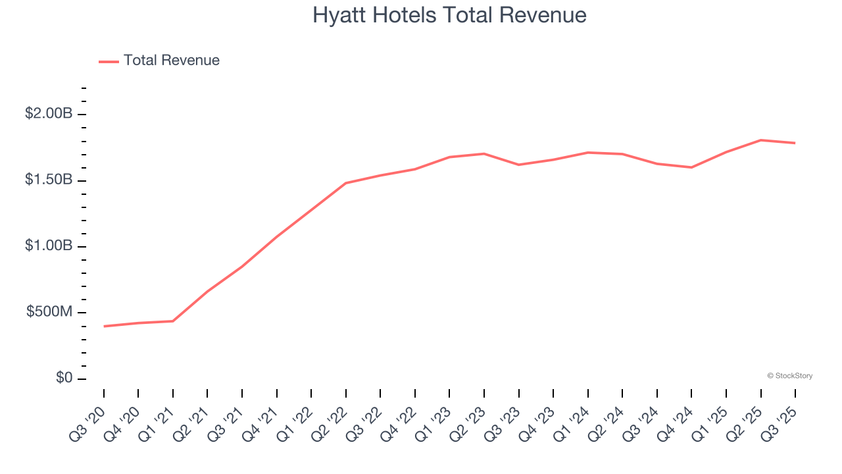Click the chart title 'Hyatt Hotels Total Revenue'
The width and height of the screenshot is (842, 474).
449,15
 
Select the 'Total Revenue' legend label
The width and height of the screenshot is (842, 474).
172,61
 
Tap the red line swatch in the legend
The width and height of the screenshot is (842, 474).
109,61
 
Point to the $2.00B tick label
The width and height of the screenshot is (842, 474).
49,114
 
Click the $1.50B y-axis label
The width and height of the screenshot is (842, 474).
49,180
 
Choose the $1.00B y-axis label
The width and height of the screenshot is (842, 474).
49,246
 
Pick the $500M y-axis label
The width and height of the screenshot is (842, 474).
49,311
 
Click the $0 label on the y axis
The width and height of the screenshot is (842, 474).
64,378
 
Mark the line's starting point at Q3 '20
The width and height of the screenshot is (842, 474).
104,326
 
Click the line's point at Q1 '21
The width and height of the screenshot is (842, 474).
173,321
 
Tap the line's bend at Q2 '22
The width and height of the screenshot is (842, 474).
346,183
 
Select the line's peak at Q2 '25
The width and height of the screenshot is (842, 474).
761,140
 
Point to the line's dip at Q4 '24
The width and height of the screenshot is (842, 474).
692,167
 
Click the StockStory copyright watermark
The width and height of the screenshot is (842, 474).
789,376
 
